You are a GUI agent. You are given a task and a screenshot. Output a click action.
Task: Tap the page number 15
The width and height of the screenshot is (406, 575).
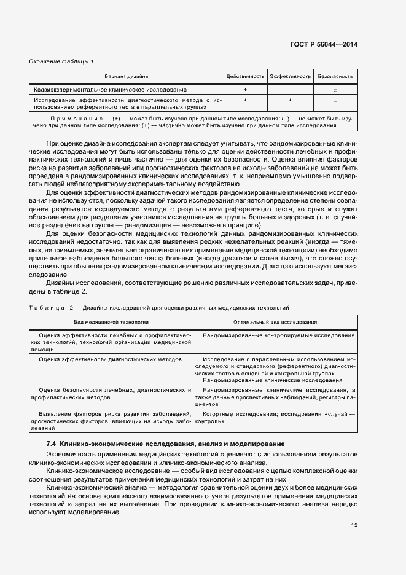click(354, 525)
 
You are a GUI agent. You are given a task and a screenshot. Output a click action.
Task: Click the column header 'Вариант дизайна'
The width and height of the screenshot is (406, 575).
click(126, 77)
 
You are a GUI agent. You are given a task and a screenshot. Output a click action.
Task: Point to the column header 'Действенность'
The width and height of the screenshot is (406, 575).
click(245, 77)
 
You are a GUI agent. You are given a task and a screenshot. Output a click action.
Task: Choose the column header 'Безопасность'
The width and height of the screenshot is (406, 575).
click(335, 77)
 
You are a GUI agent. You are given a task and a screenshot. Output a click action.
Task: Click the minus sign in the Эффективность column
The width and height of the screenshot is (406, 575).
click(290, 90)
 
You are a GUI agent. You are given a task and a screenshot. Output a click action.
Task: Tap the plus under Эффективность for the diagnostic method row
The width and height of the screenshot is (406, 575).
click(290, 99)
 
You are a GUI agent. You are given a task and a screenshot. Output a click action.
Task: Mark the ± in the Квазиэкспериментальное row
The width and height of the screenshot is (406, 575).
click(335, 90)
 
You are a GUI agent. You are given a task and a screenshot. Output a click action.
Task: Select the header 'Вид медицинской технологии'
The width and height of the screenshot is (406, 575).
click(112, 321)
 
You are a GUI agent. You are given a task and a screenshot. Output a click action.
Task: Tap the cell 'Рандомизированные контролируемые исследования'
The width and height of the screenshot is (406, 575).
click(278, 335)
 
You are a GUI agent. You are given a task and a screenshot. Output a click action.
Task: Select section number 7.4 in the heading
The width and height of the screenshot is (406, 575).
click(52, 444)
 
